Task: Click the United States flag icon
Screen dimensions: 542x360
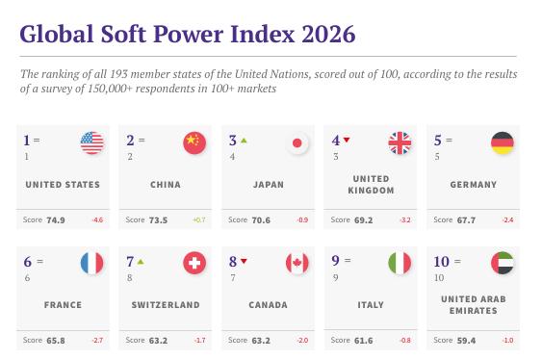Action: (92, 142)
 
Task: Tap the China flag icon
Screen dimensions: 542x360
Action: (194, 142)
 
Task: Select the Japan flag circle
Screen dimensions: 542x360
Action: (297, 142)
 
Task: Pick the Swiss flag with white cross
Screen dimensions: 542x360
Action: (194, 263)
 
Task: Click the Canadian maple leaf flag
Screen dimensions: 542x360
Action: (297, 263)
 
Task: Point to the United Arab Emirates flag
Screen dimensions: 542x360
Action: (503, 263)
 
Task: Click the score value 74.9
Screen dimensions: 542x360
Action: (56, 220)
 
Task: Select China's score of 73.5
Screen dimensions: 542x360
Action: (158, 220)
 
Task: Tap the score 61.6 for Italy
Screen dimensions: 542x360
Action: (363, 341)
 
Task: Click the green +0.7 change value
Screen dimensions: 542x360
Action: (199, 219)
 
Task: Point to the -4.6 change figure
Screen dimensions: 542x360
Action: (97, 219)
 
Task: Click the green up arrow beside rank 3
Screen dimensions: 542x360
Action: (244, 141)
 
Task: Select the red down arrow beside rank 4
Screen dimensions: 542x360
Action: (347, 140)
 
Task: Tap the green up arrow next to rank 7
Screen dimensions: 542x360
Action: (141, 262)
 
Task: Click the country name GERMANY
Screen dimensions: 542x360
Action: (474, 185)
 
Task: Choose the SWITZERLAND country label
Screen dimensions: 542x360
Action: (166, 305)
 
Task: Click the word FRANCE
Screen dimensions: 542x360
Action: (63, 305)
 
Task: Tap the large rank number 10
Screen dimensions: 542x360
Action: (442, 262)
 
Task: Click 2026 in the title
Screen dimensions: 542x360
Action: (328, 34)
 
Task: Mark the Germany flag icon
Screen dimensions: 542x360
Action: (503, 142)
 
